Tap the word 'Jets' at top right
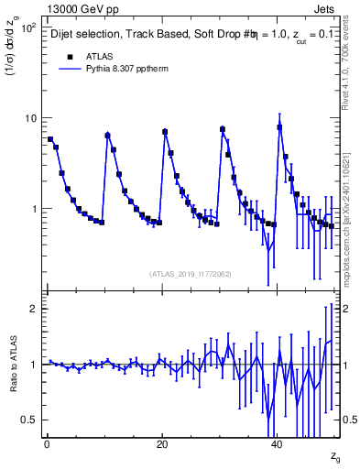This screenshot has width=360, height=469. click(327, 8)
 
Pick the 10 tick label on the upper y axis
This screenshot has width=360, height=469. click(29, 118)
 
